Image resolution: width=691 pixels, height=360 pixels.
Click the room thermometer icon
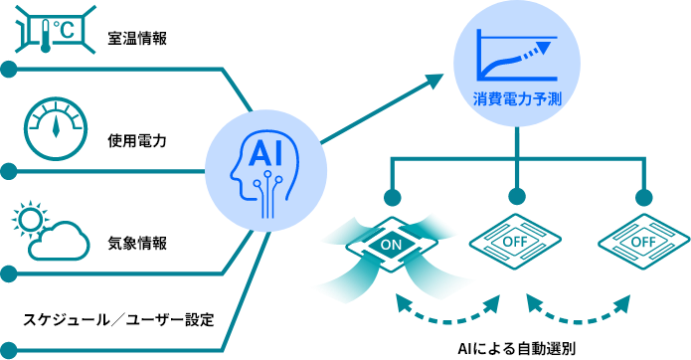(56, 30)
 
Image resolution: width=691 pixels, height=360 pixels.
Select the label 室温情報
(137, 39)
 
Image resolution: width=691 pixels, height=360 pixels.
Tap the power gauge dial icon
(56, 128)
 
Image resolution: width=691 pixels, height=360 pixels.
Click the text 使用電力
(137, 141)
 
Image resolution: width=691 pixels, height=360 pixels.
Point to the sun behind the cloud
(30, 219)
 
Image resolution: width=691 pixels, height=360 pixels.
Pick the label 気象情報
(137, 243)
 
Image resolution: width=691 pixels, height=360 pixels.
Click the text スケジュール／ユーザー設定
(118, 319)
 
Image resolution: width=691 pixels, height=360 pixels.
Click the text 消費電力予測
(517, 98)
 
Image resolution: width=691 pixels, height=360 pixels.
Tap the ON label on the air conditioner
(392, 245)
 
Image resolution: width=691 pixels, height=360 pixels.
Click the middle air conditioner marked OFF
(515, 242)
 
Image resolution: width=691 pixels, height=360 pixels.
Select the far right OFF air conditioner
(644, 242)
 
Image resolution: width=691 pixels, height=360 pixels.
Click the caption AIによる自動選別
(516, 349)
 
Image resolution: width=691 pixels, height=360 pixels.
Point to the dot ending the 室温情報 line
(8, 70)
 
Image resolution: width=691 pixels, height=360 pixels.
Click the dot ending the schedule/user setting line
(8, 351)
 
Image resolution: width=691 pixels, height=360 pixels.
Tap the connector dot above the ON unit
(392, 198)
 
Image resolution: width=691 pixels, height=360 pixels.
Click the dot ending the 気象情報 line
(8, 274)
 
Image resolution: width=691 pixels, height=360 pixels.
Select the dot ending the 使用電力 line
(8, 171)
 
